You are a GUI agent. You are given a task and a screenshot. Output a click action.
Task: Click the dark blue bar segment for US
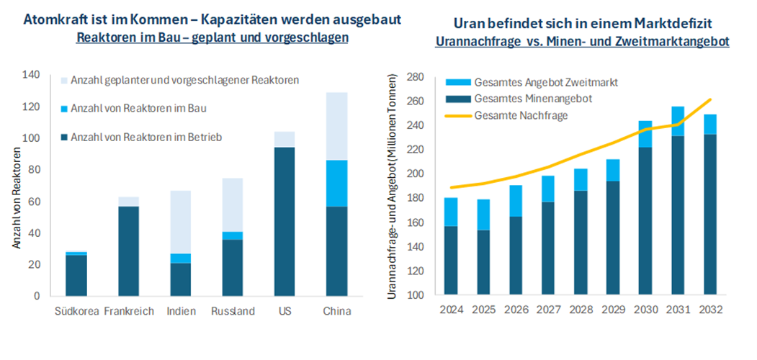point(285,222)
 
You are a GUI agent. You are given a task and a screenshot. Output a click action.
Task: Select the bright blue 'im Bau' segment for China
point(336,183)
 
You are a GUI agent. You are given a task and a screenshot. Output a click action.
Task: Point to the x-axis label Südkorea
point(76,311)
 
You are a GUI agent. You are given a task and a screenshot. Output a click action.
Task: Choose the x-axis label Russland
point(233,311)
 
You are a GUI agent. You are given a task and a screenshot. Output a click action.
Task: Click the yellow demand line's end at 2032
point(710,99)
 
